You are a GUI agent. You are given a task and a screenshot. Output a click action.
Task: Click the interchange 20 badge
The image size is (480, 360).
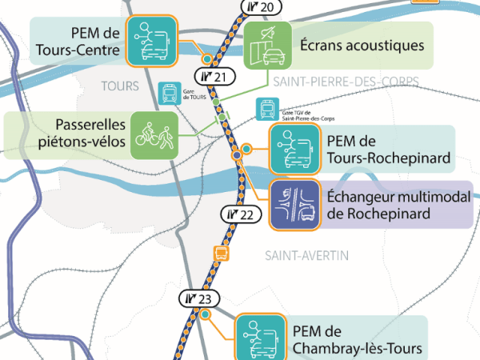click(x=261, y=8)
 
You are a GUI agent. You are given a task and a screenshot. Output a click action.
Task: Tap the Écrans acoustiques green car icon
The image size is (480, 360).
click(x=268, y=46)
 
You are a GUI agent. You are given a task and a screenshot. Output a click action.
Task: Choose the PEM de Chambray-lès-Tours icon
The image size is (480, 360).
click(x=260, y=337)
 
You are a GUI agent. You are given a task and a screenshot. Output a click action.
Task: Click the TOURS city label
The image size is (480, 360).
click(x=121, y=86)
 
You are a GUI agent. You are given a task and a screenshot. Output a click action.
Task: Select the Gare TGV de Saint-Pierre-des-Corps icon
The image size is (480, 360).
click(x=267, y=108)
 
